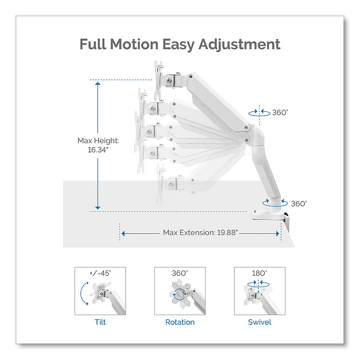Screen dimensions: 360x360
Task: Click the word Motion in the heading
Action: [x=134, y=44]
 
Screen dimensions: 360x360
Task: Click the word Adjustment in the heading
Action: [x=239, y=44]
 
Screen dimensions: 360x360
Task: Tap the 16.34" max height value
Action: [x=98, y=150]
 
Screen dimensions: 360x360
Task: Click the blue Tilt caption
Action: [x=100, y=322]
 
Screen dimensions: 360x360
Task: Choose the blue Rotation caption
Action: [x=180, y=322]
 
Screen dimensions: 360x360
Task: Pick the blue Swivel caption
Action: [x=260, y=322]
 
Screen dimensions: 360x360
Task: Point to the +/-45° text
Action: [x=100, y=273]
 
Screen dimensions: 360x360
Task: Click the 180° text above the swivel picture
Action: [x=260, y=273]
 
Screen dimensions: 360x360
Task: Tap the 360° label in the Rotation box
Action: [x=180, y=273]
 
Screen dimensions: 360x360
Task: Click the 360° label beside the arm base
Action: [x=299, y=204]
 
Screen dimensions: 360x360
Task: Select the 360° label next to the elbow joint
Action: [x=280, y=113]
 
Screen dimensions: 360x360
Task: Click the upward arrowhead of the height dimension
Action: [x=98, y=84]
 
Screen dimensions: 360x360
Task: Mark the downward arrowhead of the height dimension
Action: [x=98, y=208]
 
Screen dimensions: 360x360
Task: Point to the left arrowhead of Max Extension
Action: [x=123, y=233]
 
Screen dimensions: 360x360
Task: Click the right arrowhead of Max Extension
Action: [x=277, y=233]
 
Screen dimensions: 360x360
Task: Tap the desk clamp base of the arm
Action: [x=269, y=215]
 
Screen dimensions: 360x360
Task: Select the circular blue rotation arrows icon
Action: [x=180, y=294]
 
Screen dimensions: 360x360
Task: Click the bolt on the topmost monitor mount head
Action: [x=169, y=80]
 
